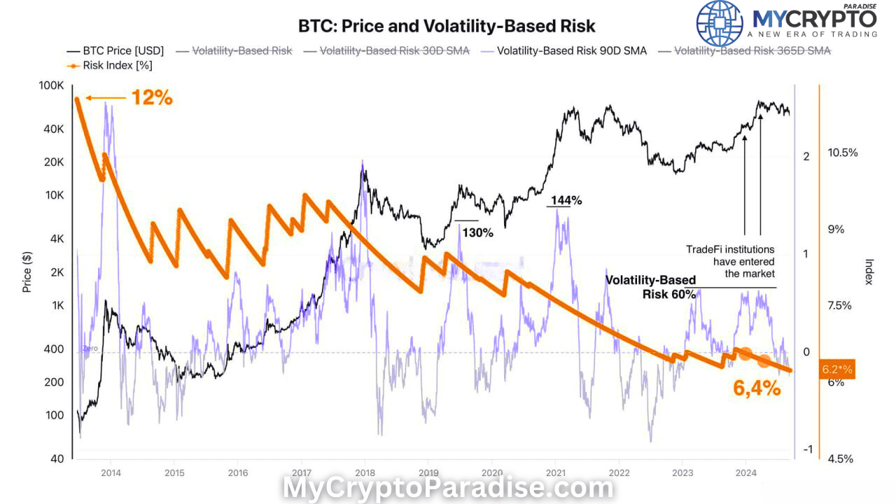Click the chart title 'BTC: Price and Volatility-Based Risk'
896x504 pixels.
tap(447, 27)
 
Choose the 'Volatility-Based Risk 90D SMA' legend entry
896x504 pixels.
tap(571, 50)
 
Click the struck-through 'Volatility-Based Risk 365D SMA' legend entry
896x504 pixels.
tap(752, 50)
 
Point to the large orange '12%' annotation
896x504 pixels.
tap(152, 98)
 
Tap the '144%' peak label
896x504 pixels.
tap(566, 200)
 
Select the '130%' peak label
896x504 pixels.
tap(477, 232)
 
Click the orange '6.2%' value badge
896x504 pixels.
tap(837, 369)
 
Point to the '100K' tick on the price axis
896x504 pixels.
tap(50, 85)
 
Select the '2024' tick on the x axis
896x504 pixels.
tap(745, 472)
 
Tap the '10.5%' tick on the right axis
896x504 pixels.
tap(842, 153)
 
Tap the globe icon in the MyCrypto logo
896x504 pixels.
tap(720, 23)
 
